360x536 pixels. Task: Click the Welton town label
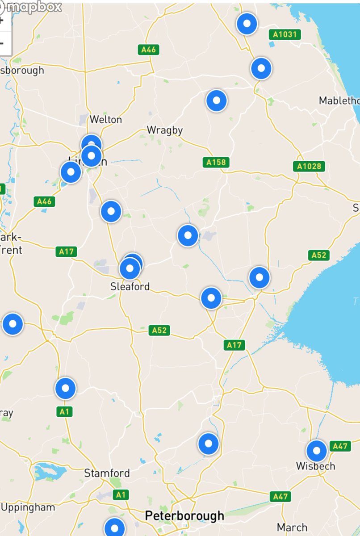[105, 120]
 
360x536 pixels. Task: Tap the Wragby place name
[165, 130]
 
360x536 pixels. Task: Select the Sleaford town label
[130, 287]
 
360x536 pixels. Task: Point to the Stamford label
[107, 473]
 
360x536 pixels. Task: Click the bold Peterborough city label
[184, 516]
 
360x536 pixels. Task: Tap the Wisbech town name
[315, 466]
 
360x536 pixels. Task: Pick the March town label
[292, 528]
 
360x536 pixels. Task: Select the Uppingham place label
[28, 507]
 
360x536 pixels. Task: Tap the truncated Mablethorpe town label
[339, 101]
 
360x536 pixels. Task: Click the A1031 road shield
[285, 34]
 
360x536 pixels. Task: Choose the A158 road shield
[216, 162]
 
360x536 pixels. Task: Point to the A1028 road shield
[309, 167]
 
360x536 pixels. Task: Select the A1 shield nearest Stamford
[120, 494]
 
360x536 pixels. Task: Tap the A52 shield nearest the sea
[319, 255]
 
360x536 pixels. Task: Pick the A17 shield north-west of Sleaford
[67, 252]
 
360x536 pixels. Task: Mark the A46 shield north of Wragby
[148, 50]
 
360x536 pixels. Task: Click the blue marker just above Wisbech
[317, 451]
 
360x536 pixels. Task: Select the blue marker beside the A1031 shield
[247, 24]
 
